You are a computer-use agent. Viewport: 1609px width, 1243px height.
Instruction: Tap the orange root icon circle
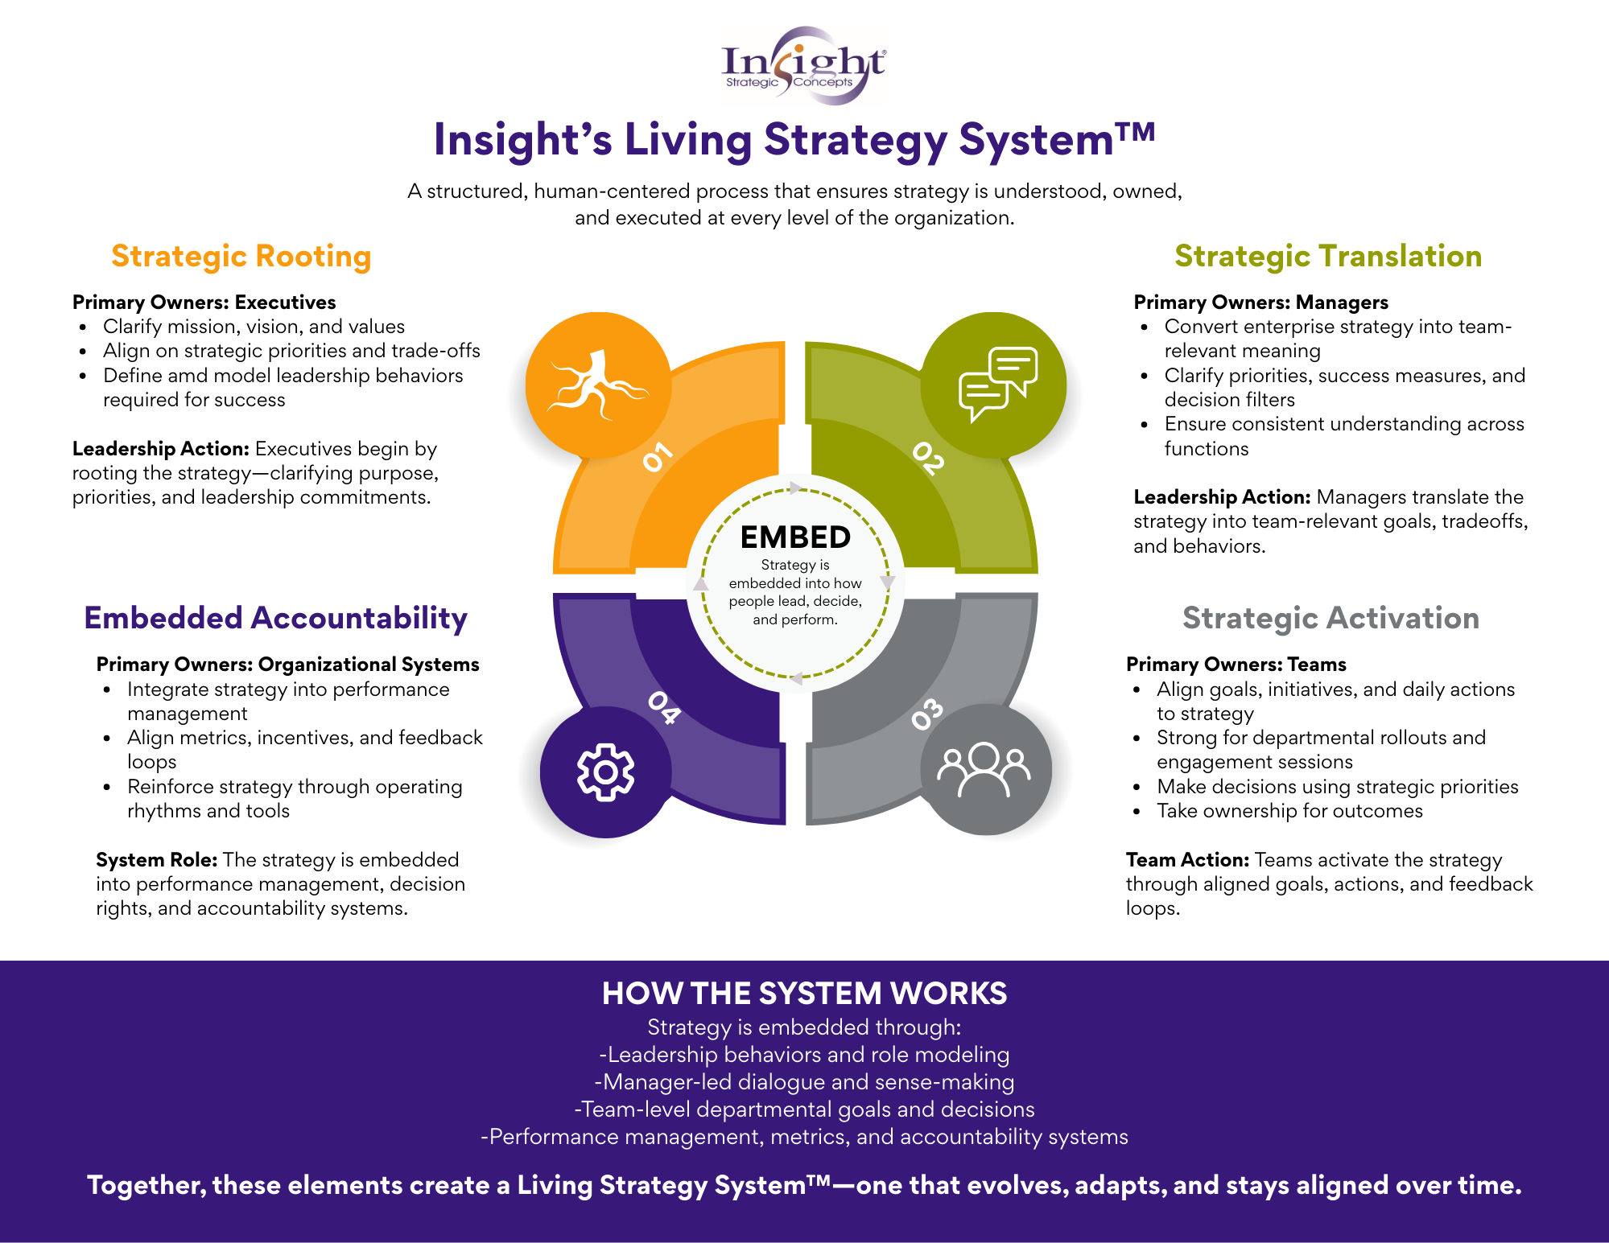[597, 385]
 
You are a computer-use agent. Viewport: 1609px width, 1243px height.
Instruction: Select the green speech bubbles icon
[996, 384]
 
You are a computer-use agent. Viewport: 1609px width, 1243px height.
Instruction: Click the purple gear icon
[605, 772]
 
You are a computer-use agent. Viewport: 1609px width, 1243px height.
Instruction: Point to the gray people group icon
[984, 770]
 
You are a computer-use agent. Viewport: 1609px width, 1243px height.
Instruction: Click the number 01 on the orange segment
[657, 456]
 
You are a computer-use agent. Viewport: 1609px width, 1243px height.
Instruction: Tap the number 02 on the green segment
[928, 458]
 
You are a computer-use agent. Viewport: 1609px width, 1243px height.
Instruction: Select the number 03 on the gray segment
[926, 714]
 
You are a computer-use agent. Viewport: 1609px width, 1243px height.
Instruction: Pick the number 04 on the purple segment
[665, 707]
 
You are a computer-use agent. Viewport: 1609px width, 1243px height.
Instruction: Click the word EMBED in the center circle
[795, 537]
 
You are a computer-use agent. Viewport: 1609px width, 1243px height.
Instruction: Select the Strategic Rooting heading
[241, 256]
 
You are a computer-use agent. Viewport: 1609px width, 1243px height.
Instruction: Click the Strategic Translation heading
[1327, 256]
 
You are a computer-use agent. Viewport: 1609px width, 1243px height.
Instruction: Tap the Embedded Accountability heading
[275, 618]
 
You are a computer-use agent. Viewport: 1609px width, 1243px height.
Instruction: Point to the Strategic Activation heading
[1330, 618]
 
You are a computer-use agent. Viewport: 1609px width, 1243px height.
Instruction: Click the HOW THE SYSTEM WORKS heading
[804, 994]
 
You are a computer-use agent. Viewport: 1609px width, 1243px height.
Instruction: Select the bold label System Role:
[157, 859]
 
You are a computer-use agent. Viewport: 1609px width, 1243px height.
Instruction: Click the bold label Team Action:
[1187, 859]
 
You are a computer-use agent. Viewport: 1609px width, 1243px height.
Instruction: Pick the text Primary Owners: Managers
[1260, 303]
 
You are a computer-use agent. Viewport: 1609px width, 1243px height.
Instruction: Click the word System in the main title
[1054, 140]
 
